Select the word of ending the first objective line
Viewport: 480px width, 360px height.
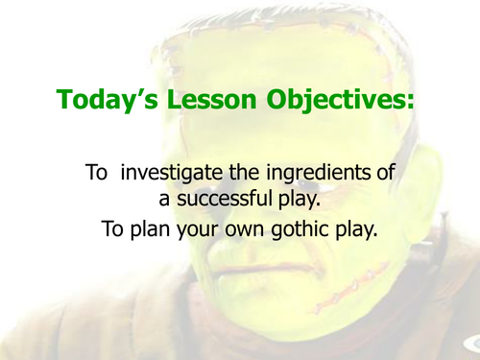(386, 175)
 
